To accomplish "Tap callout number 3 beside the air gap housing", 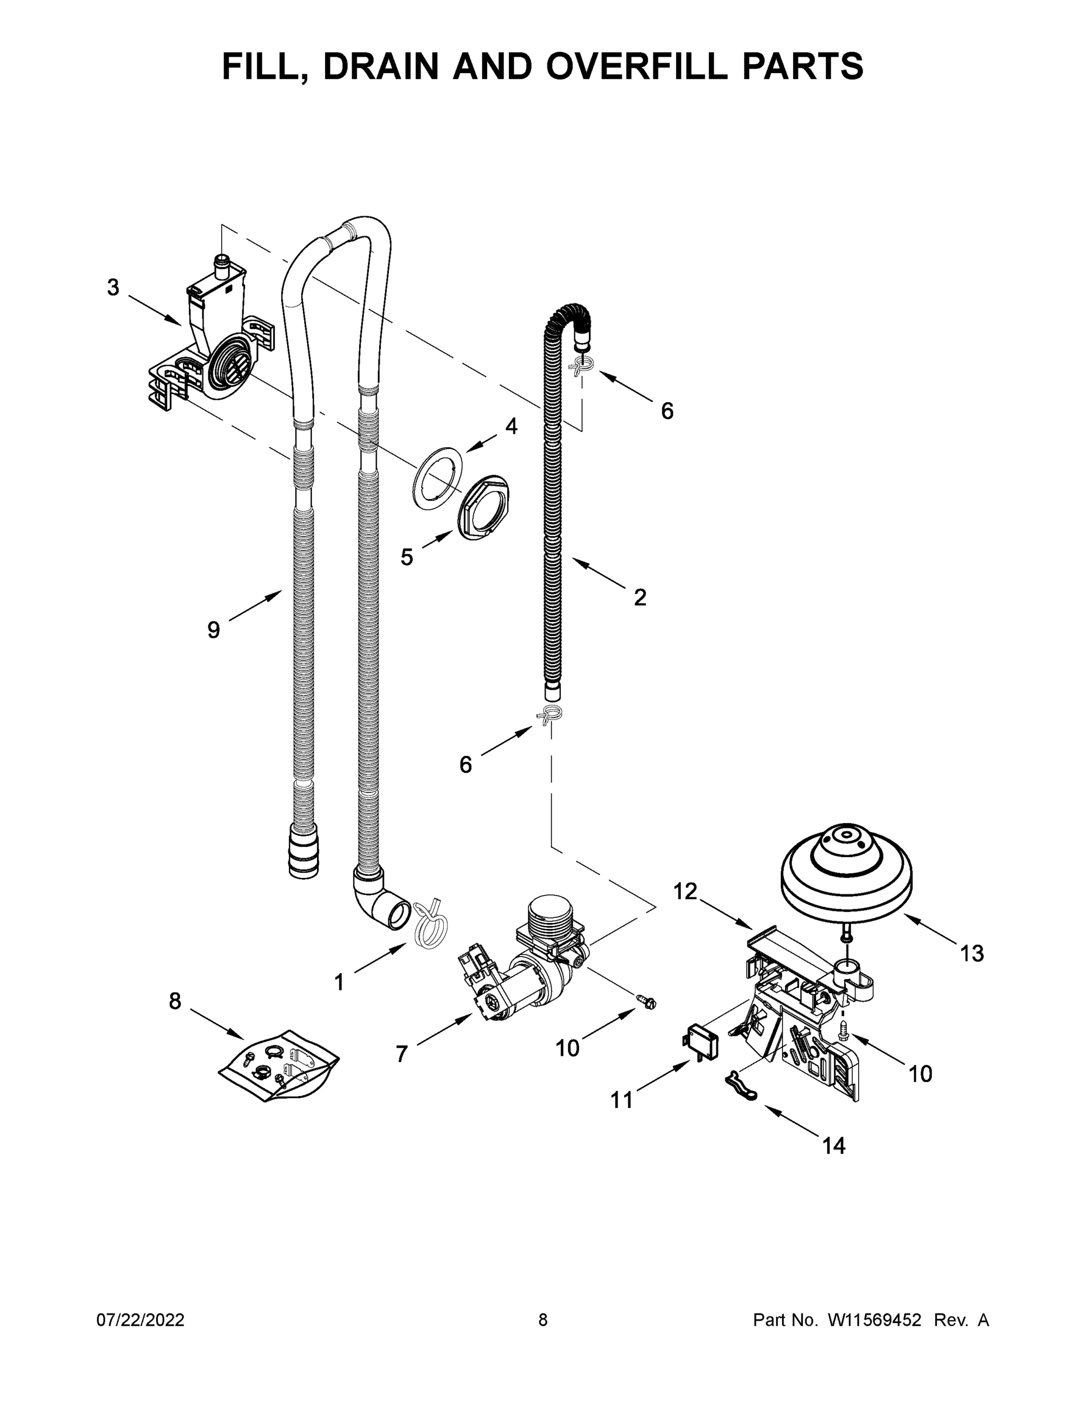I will pyautogui.click(x=113, y=287).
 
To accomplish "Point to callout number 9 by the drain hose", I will pyautogui.click(x=213, y=630).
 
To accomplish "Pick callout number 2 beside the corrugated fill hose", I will pyautogui.click(x=639, y=597).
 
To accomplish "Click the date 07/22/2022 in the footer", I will pyautogui.click(x=140, y=1319).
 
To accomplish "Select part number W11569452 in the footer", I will pyautogui.click(x=874, y=1319).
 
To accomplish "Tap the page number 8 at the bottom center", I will pyautogui.click(x=543, y=1319).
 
